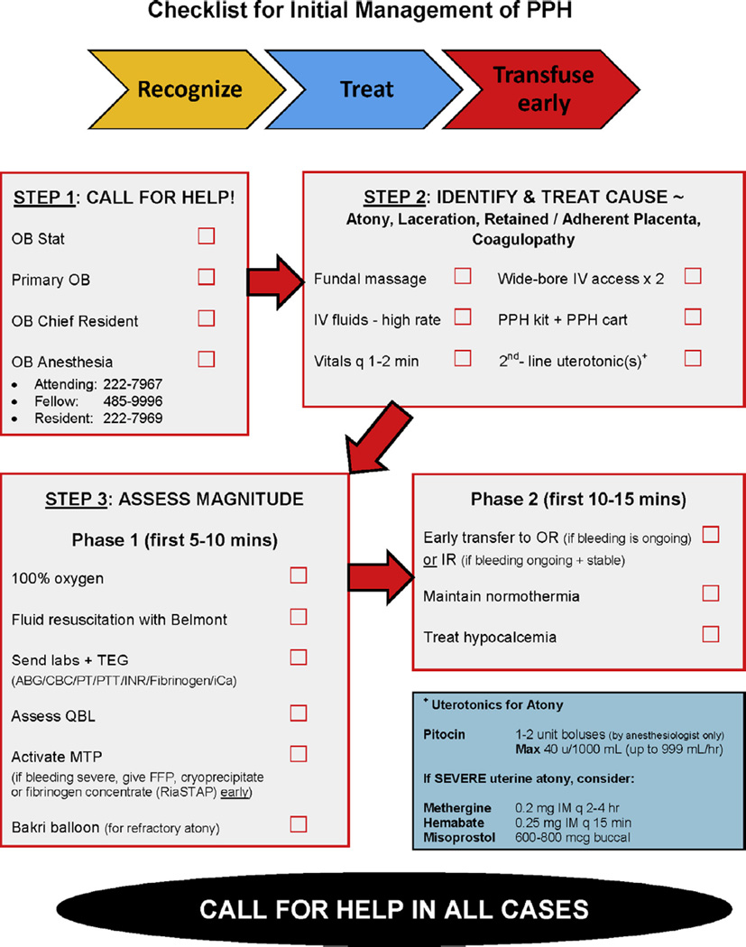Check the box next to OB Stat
point(207,236)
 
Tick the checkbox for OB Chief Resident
point(207,318)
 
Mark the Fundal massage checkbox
point(463,276)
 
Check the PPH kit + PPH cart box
point(693,317)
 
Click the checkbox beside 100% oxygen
point(298,575)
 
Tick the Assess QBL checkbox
point(298,713)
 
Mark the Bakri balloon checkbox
point(298,823)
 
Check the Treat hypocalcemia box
point(711,633)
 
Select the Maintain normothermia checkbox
point(711,593)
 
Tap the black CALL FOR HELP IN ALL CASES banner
point(372,907)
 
